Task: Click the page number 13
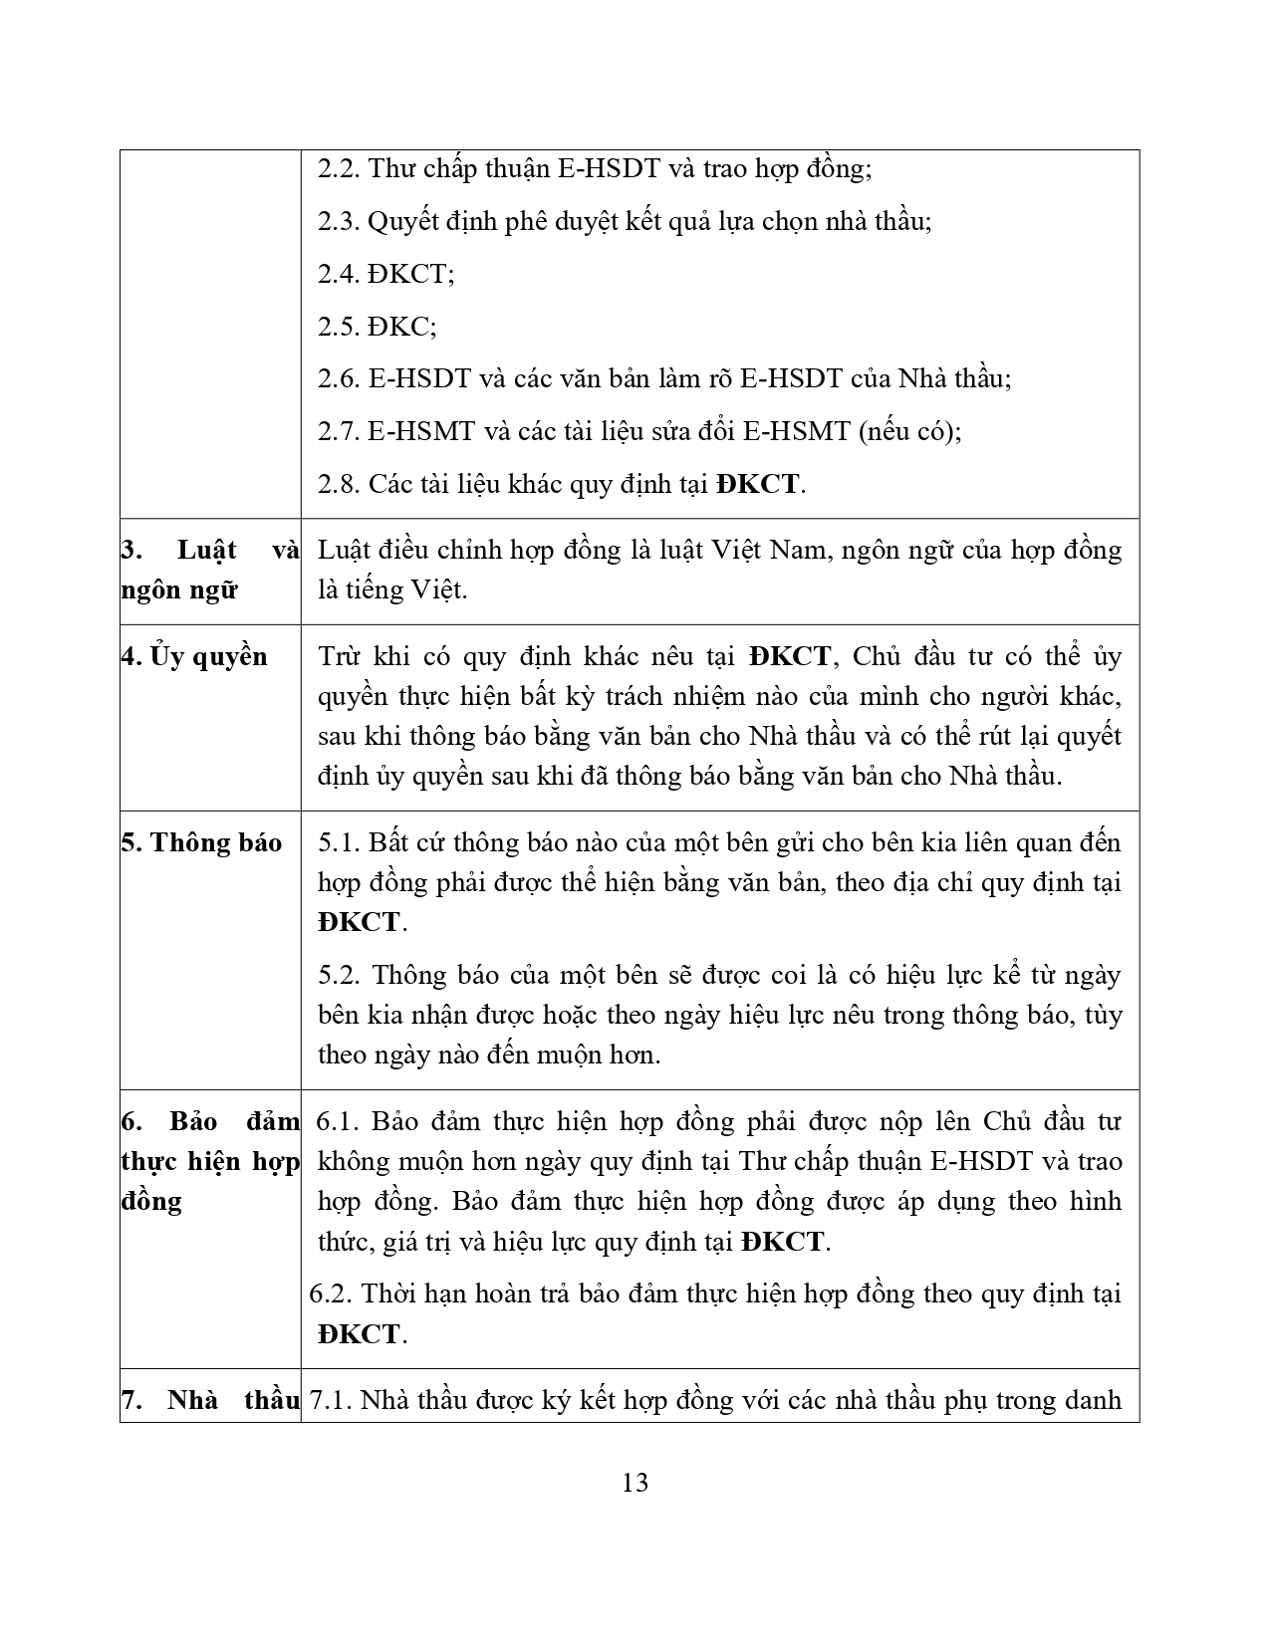point(635,1483)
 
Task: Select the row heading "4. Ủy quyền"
point(194,656)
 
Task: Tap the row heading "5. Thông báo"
point(201,842)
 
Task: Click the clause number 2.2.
point(339,168)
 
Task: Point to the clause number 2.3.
point(339,221)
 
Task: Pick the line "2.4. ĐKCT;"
point(385,274)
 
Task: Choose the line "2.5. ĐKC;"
point(377,327)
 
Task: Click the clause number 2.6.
point(339,379)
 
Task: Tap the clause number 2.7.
point(339,432)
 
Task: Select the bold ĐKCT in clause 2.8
point(757,485)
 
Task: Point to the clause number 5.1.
point(339,842)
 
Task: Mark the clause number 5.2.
point(339,975)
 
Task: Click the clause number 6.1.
point(337,1121)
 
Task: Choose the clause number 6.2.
point(331,1293)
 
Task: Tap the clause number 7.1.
point(331,1401)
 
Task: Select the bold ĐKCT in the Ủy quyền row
point(791,656)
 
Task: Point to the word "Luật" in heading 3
point(206,550)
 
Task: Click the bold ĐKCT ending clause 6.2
point(359,1334)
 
